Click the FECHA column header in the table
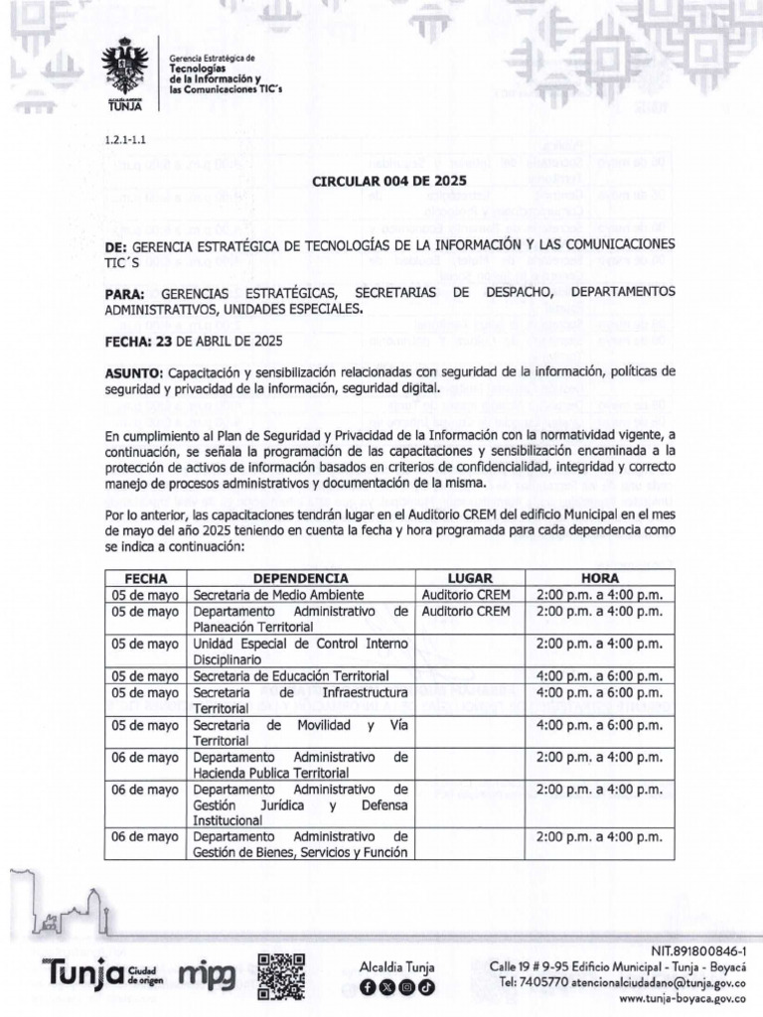pos(145,578)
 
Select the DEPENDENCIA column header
pos(300,578)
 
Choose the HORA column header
pos(599,578)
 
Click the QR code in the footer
pos(281,974)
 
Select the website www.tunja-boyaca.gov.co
pos(683,998)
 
